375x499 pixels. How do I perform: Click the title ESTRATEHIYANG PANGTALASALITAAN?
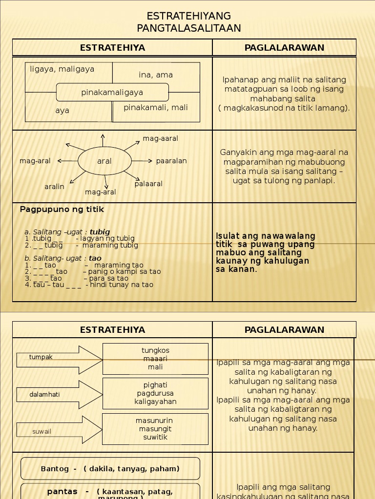(x=188, y=22)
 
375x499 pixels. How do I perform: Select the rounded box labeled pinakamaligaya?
(x=112, y=93)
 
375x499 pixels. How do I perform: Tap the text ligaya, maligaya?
(x=62, y=69)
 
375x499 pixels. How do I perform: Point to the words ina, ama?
(x=156, y=75)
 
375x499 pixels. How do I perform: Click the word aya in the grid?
(x=62, y=111)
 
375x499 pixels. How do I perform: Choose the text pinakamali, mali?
(x=156, y=108)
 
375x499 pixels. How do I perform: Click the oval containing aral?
(x=104, y=161)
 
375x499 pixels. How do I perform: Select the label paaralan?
(x=171, y=161)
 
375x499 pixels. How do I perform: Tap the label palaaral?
(x=148, y=184)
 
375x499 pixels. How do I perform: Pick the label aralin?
(x=54, y=187)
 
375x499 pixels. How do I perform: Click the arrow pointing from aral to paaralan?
(x=143, y=161)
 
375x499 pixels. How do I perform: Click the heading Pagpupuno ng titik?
(x=62, y=210)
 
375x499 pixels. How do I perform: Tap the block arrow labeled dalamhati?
(x=59, y=395)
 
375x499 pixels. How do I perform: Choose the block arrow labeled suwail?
(x=59, y=430)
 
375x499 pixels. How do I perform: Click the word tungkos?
(x=155, y=351)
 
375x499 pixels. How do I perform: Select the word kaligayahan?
(x=155, y=402)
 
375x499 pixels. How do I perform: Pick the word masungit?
(x=155, y=429)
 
